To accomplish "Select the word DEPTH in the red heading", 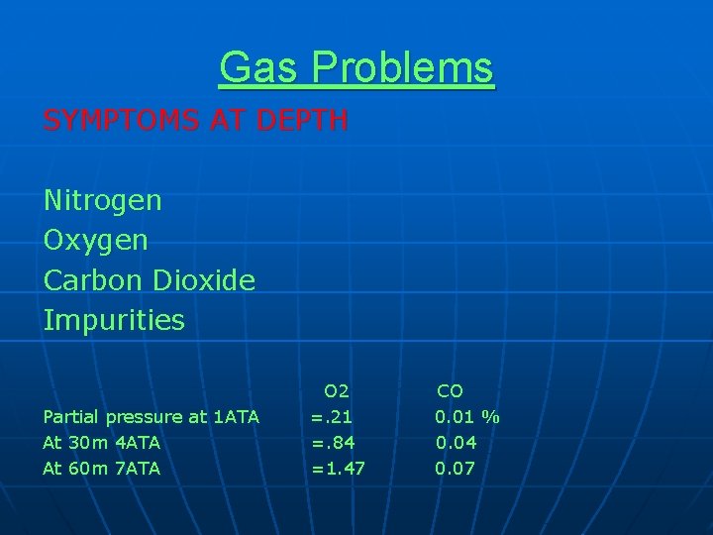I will [303, 121].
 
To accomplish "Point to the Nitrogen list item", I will [102, 201].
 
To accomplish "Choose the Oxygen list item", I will [95, 241].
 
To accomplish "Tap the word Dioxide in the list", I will [204, 280].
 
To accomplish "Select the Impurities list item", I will [114, 321].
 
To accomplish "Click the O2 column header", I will [336, 391].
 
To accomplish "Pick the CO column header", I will [450, 391].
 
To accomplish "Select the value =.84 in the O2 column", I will [334, 442].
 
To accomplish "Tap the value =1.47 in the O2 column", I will [338, 468].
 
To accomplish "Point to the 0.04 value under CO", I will [456, 442].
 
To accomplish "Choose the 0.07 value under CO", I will [456, 468].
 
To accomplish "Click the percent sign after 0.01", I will [491, 417].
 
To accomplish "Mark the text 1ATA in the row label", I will [237, 417].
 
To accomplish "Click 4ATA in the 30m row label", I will [138, 442].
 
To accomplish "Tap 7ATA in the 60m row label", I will [138, 468].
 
